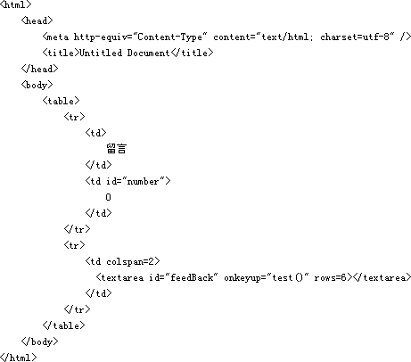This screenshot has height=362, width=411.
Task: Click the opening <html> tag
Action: (x=16, y=4)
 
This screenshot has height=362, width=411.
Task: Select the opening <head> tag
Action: (x=37, y=21)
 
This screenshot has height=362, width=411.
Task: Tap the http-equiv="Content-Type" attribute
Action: (x=140, y=37)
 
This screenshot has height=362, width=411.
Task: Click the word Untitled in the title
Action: (x=101, y=53)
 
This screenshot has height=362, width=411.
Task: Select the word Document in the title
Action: (x=149, y=53)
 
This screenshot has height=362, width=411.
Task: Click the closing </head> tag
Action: (x=40, y=69)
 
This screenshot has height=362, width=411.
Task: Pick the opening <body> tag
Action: (x=37, y=85)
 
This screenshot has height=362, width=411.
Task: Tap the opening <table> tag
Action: (x=62, y=101)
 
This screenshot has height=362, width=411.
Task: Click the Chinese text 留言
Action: (x=117, y=149)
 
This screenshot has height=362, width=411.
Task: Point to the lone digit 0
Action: (x=108, y=197)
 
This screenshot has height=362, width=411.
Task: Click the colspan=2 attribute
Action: (x=130, y=261)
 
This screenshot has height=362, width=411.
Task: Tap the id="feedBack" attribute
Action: (x=184, y=277)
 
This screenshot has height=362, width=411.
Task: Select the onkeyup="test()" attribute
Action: (x=267, y=277)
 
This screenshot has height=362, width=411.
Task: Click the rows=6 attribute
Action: (x=331, y=277)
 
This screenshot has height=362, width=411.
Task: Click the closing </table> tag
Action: (x=64, y=325)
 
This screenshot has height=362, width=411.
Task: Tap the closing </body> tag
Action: (x=40, y=341)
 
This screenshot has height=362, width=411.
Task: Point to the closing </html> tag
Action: (x=19, y=358)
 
